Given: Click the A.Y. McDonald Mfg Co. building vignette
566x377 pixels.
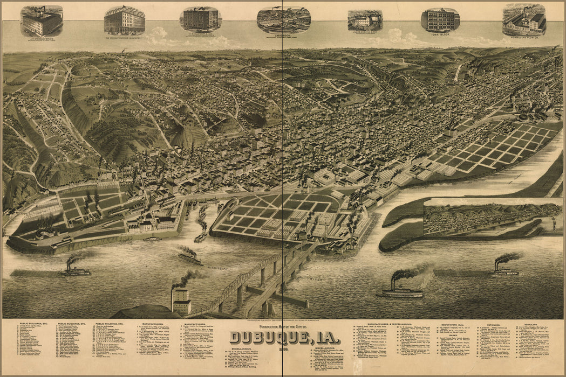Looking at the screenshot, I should pyautogui.click(x=42, y=20).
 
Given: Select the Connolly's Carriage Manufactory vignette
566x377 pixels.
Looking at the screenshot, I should pyautogui.click(x=125, y=20).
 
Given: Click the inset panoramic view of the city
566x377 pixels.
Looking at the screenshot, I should pyautogui.click(x=492, y=218).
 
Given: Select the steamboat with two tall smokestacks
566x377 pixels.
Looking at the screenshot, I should pyautogui.click(x=402, y=289).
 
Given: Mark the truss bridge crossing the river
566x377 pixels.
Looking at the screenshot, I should pyautogui.click(x=259, y=280).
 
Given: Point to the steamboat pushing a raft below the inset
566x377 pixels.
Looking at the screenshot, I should pyautogui.click(x=504, y=268).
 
